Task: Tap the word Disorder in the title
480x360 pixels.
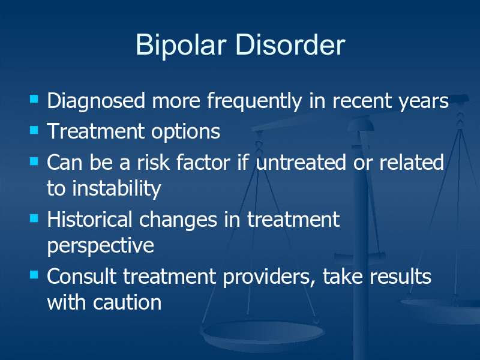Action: (x=290, y=44)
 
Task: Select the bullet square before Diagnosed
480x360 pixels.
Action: (x=34, y=99)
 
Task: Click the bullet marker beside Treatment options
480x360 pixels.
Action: (x=34, y=130)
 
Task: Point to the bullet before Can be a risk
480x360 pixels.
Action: (x=34, y=161)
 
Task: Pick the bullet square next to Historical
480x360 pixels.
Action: (x=34, y=218)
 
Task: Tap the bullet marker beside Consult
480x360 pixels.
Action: (x=34, y=275)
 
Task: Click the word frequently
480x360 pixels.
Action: (x=254, y=101)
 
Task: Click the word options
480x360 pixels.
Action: (x=185, y=132)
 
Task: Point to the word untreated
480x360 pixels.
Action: (x=301, y=162)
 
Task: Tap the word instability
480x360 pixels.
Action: (x=116, y=188)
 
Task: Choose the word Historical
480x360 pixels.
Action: (x=89, y=220)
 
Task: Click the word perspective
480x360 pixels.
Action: (x=100, y=245)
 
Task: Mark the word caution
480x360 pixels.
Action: (x=127, y=303)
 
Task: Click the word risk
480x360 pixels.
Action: (x=153, y=162)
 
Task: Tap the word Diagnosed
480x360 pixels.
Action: (x=96, y=101)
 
